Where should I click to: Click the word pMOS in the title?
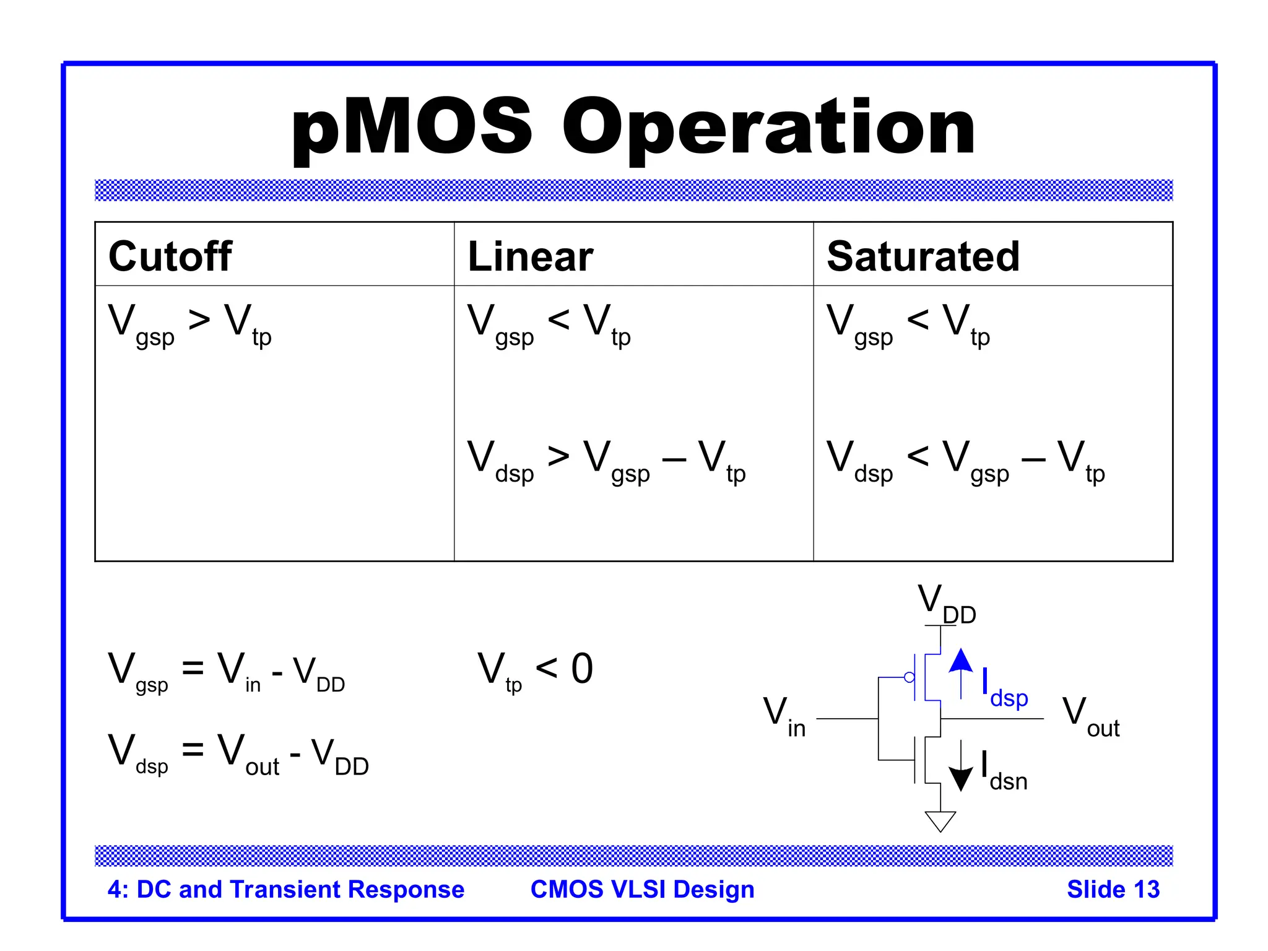pyautogui.click(x=411, y=129)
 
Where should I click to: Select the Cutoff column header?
pyautogui.click(x=170, y=256)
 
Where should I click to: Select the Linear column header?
pyautogui.click(x=531, y=256)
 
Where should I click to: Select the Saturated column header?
pyautogui.click(x=923, y=256)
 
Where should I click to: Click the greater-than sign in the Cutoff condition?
pyautogui.click(x=199, y=320)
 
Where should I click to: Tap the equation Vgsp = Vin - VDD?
pyautogui.click(x=226, y=671)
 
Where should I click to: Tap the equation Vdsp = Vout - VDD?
pyautogui.click(x=238, y=753)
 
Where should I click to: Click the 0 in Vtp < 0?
pyautogui.click(x=582, y=669)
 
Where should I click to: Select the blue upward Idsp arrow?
pyautogui.click(x=960, y=671)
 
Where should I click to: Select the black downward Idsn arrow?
pyautogui.click(x=960, y=768)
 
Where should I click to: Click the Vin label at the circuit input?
pyautogui.click(x=784, y=716)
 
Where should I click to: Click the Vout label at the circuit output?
pyautogui.click(x=1090, y=716)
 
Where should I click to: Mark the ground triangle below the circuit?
pyautogui.click(x=940, y=821)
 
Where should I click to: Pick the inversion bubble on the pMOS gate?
pyautogui.click(x=909, y=677)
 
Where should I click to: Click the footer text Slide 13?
pyautogui.click(x=1113, y=889)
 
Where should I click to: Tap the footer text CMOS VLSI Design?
pyautogui.click(x=642, y=889)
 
